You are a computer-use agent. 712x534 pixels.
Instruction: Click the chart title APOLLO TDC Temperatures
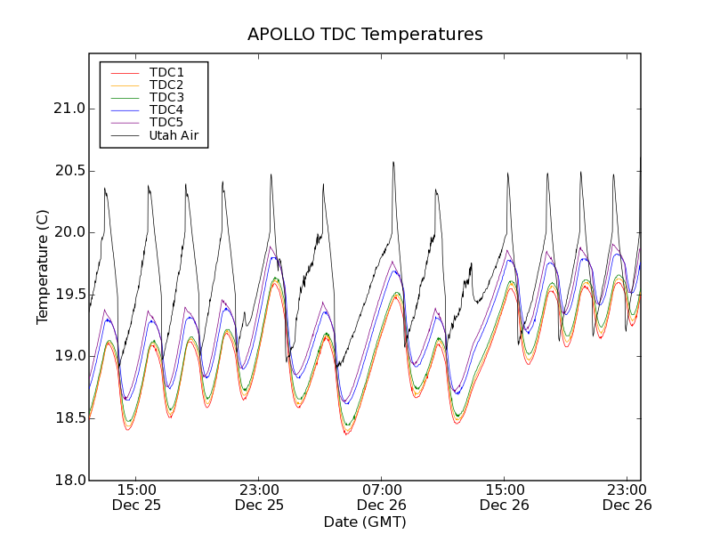click(365, 35)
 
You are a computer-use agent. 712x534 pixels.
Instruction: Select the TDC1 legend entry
click(166, 72)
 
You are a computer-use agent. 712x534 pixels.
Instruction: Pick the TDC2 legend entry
click(166, 85)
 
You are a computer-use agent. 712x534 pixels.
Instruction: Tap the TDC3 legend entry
click(166, 97)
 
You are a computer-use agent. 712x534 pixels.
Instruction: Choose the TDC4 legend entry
click(166, 109)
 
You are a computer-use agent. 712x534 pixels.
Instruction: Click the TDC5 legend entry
click(166, 122)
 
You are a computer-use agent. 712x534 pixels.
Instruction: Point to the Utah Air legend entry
click(173, 135)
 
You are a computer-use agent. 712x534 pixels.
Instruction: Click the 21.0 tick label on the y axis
click(68, 109)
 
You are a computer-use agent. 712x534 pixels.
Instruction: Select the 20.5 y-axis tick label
click(68, 171)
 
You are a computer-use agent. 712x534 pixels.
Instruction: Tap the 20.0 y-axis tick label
click(68, 232)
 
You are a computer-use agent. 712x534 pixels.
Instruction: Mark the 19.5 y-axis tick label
click(68, 295)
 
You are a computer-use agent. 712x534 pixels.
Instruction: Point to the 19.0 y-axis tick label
click(68, 356)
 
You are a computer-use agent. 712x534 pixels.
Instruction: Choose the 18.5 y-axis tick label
click(68, 418)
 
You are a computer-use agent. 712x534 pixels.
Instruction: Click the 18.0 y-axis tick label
click(68, 480)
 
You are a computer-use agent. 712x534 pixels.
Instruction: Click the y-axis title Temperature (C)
click(43, 266)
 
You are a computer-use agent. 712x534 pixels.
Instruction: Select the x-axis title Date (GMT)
click(365, 522)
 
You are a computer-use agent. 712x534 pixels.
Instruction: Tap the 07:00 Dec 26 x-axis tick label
click(382, 497)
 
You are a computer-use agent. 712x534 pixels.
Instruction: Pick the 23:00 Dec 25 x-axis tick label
click(259, 497)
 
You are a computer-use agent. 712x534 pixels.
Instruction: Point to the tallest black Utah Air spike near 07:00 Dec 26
click(393, 163)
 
